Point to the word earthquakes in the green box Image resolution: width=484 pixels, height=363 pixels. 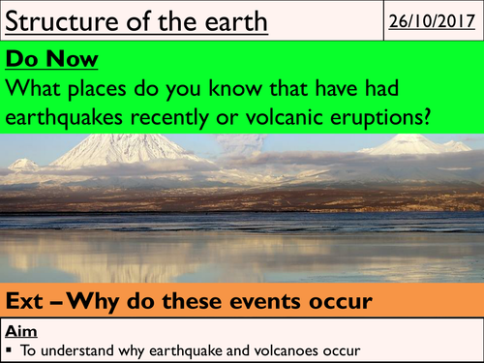coord(77,117)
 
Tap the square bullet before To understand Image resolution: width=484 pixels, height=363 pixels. coord(10,348)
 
